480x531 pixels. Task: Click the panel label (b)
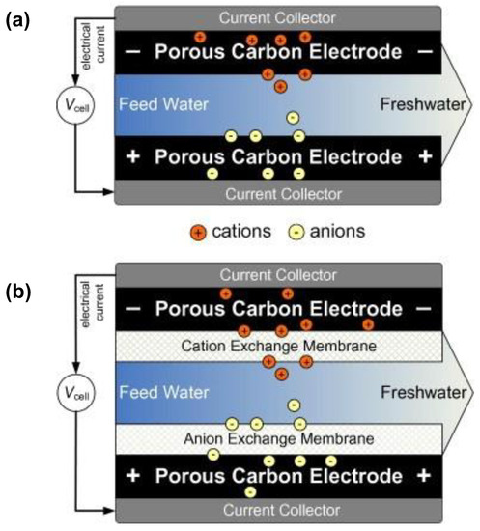[21, 290]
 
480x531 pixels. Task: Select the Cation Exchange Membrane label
[278, 345]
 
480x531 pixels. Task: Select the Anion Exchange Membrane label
[278, 438]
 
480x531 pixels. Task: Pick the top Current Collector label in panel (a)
[278, 18]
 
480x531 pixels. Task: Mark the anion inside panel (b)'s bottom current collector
[250, 493]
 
